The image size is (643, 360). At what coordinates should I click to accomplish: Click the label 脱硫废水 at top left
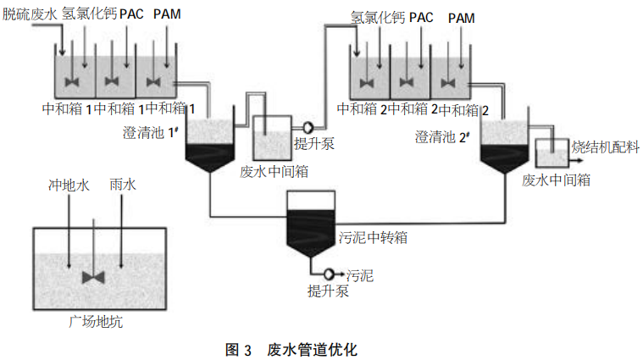pyautogui.click(x=29, y=15)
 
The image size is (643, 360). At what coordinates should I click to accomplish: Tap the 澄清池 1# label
pyautogui.click(x=153, y=130)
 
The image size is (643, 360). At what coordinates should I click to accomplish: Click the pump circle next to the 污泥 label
pyautogui.click(x=327, y=274)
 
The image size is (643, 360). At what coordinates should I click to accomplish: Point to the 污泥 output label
pyautogui.click(x=360, y=275)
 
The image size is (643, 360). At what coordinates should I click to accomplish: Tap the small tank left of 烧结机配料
pyautogui.click(x=551, y=155)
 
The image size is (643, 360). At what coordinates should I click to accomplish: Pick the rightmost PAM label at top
pyautogui.click(x=463, y=17)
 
